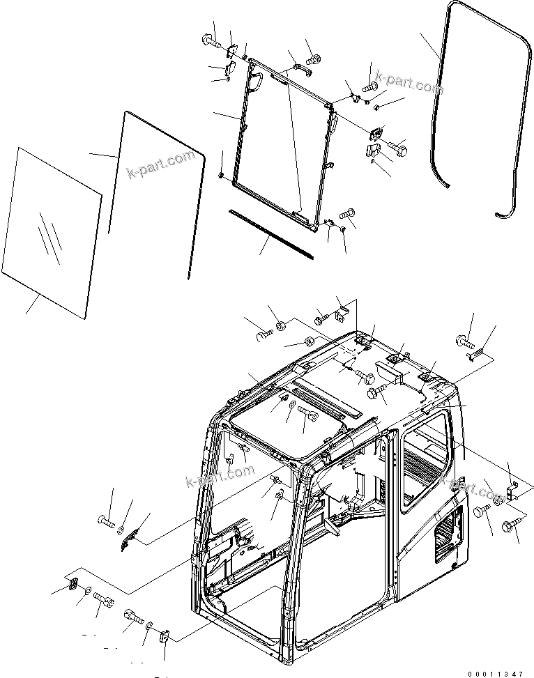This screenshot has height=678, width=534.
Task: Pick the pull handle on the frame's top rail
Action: [296, 67]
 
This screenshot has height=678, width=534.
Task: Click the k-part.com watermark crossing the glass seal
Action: [160, 165]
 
